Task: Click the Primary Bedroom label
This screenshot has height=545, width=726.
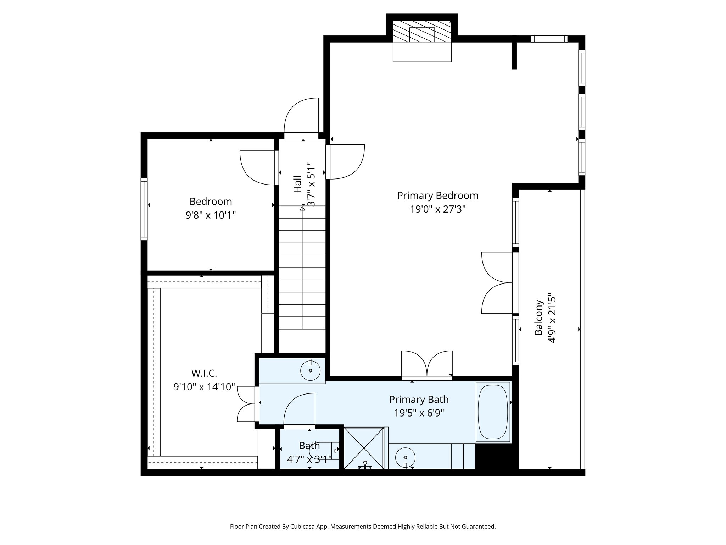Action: tap(437, 196)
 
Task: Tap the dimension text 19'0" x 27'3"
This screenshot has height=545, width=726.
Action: tap(437, 209)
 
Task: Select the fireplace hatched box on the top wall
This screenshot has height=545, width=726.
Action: tap(422, 31)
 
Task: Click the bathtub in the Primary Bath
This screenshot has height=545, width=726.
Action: tap(493, 412)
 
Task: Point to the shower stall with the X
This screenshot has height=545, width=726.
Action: tap(364, 448)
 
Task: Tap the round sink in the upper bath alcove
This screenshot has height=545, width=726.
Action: tap(310, 370)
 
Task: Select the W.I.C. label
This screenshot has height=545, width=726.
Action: tap(204, 373)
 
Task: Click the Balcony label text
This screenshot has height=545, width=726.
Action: tap(539, 318)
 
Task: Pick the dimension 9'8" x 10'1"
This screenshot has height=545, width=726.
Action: tap(211, 215)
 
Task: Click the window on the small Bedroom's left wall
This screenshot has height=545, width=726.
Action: tap(144, 209)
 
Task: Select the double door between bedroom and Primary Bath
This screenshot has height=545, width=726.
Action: tap(427, 365)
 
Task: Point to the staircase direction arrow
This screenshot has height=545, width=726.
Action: tap(302, 209)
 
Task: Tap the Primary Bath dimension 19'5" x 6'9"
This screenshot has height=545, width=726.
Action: tap(419, 413)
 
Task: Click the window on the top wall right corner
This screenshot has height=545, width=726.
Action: tap(549, 39)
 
